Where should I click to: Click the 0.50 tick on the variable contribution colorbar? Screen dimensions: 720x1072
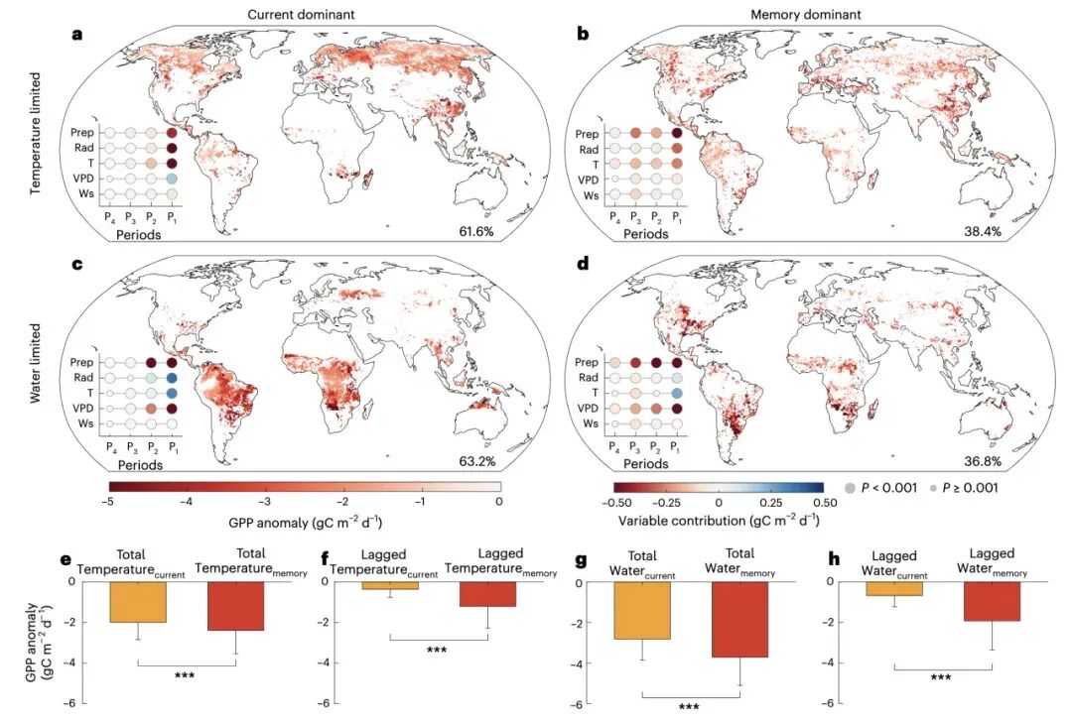[823, 502]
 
